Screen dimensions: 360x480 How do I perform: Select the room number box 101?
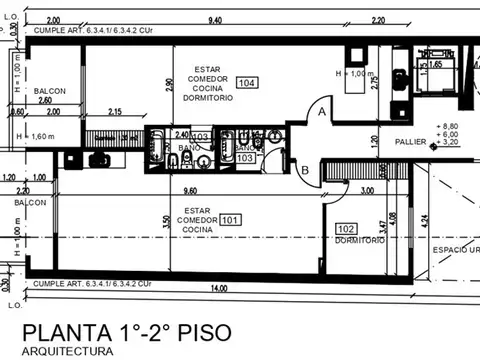tap(230, 219)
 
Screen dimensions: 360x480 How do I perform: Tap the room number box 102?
tap(347, 229)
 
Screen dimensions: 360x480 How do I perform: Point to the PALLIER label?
tap(411, 142)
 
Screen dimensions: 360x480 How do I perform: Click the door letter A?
tap(321, 113)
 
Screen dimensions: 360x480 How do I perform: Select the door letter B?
tap(305, 170)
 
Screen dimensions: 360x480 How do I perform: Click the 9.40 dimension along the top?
tap(214, 20)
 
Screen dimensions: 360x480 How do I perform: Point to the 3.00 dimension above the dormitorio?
tap(367, 190)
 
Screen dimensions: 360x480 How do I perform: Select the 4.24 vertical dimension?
tap(425, 221)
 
